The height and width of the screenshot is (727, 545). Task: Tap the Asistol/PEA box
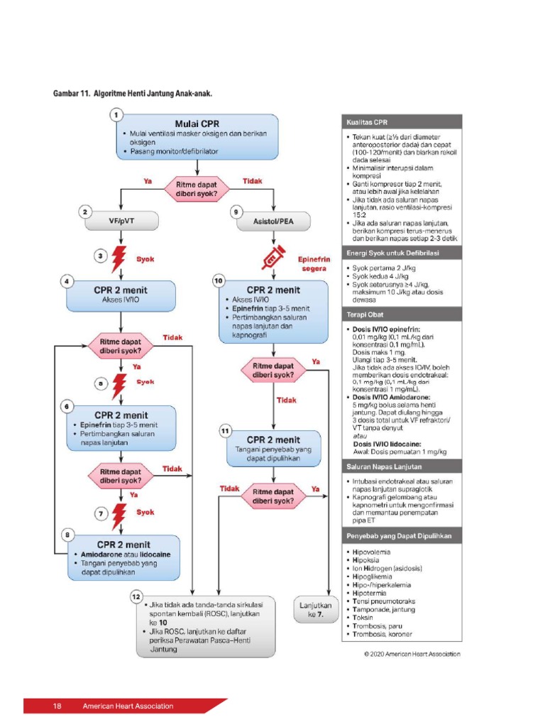pos(272,221)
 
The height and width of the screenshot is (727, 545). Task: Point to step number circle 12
pos(135,596)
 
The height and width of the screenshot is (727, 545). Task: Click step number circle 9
pos(236,211)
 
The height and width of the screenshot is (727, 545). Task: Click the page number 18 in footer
pos(57,706)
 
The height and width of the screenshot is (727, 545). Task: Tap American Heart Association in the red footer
pos(128,706)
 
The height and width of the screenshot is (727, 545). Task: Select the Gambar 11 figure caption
pos(133,94)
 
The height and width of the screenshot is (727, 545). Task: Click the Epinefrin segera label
pos(309,264)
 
